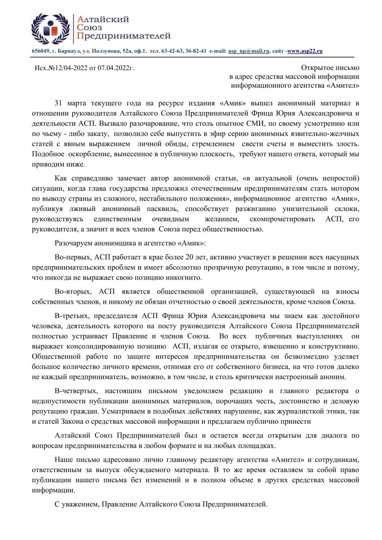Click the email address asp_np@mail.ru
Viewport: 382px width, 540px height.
[x=249, y=51]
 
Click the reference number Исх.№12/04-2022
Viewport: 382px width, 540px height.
[x=61, y=68]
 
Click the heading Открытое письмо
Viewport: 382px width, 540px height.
[x=330, y=67]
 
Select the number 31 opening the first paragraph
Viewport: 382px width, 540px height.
[x=59, y=103]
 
